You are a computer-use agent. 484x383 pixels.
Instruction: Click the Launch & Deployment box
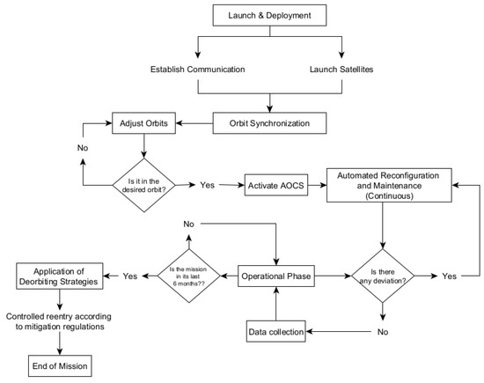pos(269,15)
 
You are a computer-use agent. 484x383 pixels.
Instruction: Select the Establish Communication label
pos(197,70)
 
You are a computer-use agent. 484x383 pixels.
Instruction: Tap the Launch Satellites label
pos(341,70)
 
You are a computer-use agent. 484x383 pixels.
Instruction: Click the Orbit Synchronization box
pos(269,123)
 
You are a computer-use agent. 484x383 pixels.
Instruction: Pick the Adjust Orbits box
pos(143,123)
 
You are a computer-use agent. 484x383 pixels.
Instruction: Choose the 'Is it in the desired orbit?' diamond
pos(143,185)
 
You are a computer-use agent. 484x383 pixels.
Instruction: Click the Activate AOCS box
pos(276,185)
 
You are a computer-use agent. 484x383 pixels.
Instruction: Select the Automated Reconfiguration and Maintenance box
pos(389,185)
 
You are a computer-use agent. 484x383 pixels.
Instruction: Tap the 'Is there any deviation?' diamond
pos(383,276)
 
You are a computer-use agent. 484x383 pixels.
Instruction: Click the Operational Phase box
pos(276,276)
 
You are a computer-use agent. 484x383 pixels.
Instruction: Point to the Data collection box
pos(276,331)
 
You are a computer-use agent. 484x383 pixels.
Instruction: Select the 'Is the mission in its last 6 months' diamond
pos(189,276)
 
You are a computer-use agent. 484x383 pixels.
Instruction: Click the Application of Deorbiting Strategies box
pos(59,276)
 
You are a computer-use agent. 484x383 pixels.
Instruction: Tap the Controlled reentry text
pos(59,321)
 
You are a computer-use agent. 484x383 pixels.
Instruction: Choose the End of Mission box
pos(60,365)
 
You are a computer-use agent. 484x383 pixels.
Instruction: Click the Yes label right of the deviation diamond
pos(449,276)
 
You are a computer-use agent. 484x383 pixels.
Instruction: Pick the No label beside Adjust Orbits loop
pos(83,148)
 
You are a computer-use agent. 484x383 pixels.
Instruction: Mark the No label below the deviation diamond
pos(383,332)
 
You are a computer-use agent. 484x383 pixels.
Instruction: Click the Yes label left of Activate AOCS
pos(207,185)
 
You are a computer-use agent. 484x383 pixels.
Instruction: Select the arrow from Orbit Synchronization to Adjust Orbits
pos(194,123)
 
